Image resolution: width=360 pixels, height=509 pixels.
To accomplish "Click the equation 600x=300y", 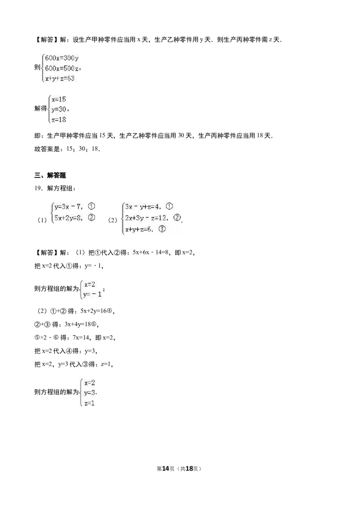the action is tap(62, 58).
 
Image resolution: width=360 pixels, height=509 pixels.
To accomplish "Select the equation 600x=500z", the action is tap(62, 68).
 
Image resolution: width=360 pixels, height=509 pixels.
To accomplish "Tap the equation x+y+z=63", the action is tap(60, 78).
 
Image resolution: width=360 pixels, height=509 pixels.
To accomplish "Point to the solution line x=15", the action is tap(58, 99).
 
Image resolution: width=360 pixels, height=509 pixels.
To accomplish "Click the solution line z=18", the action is tap(58, 120).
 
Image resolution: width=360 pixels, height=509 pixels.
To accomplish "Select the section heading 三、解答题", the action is tap(50, 175).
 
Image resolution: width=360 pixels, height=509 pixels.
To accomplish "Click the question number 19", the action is tap(38, 188).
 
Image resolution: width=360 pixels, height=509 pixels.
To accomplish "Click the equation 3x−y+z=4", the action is tap(142, 206).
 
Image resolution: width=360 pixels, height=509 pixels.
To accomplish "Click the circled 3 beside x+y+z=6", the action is tap(162, 229).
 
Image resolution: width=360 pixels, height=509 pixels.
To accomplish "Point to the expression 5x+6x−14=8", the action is tap(150, 252).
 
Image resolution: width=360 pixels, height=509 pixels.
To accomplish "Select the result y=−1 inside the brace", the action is tap(92, 295).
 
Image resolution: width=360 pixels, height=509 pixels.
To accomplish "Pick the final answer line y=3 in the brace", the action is tap(90, 393).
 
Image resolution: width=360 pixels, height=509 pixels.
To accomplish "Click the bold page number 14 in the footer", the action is tap(166, 469).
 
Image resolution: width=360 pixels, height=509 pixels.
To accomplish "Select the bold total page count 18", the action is tap(189, 469).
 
